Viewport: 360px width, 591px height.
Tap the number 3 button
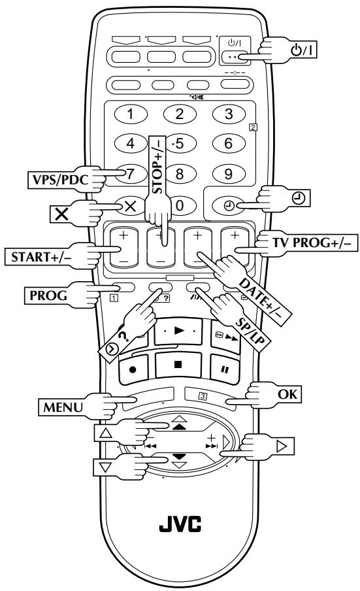229,114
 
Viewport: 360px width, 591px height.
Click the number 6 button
229,143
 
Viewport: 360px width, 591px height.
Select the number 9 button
229,173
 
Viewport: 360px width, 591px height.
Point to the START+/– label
41,257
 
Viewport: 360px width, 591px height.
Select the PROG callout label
48,295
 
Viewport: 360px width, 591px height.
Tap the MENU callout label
63,407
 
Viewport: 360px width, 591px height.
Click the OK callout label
287,394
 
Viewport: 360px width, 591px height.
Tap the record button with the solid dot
133,369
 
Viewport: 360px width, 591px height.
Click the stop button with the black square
178,365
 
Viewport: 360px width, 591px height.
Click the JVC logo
180,524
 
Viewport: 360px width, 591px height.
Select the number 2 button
180,114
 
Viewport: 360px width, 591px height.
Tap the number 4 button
130,143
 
